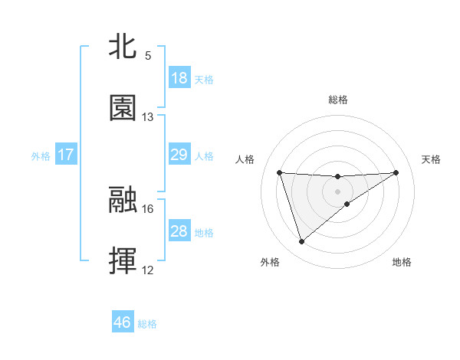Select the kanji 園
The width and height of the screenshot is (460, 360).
point(123,108)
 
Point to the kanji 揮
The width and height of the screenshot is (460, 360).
point(123,260)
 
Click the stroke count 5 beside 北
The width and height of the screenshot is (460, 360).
point(148,56)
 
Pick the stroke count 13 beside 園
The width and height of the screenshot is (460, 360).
point(148,117)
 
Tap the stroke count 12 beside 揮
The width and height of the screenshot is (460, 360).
point(148,270)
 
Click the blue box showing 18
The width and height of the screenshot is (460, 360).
point(179,78)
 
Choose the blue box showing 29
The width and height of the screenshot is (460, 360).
point(179,155)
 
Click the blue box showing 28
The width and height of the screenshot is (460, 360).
point(179,231)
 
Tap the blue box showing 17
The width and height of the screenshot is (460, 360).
point(66,155)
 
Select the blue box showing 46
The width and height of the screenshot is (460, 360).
point(123,322)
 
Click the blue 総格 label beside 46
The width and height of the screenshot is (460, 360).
point(147,324)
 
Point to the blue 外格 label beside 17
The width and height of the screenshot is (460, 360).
point(41,156)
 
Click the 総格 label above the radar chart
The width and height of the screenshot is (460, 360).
point(338,100)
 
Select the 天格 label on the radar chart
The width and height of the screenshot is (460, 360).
point(431,159)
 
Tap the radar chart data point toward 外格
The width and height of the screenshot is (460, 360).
point(301,242)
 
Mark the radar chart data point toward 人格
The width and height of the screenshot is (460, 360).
point(280,172)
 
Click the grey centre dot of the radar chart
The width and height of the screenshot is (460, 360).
point(338,191)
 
